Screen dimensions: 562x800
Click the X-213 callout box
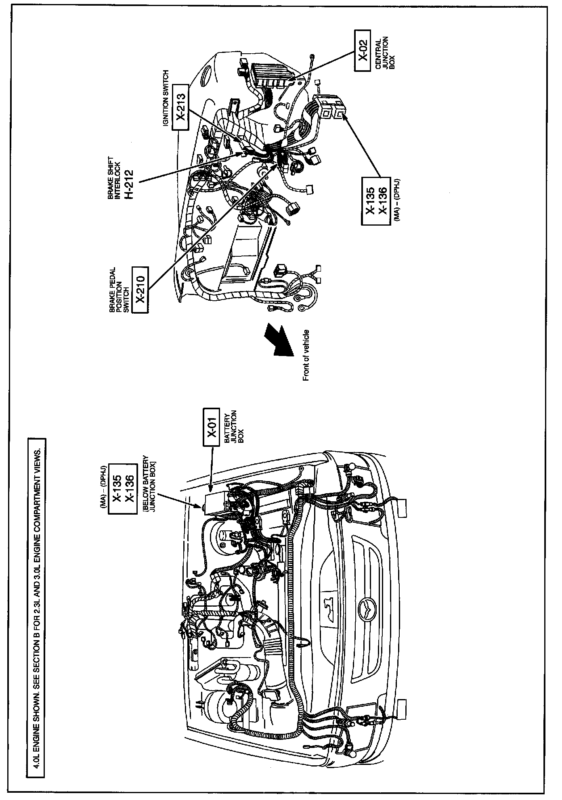180,107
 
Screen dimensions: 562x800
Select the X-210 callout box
140,289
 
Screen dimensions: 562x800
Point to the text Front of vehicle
306,355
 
